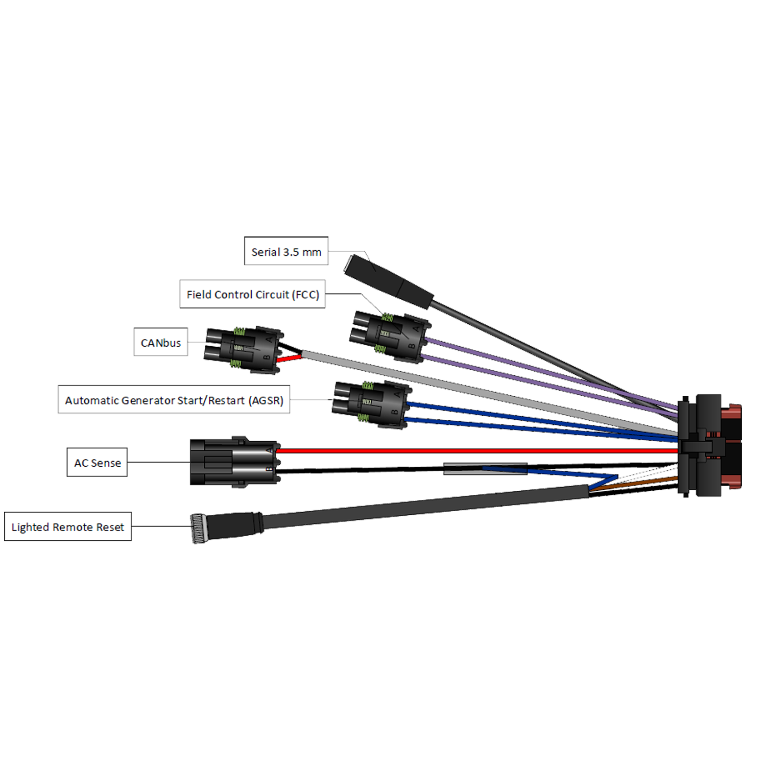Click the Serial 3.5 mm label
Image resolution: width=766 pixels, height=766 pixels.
coord(286,252)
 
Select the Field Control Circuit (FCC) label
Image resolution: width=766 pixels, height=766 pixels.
coord(253,294)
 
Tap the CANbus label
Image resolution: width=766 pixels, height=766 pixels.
coord(160,343)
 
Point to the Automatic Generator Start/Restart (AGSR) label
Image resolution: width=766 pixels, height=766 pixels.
coord(174,400)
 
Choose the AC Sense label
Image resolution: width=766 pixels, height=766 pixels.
coord(97,463)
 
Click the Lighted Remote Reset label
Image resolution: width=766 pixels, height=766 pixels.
coord(67,527)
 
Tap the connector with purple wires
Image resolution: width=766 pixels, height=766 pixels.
coord(388,334)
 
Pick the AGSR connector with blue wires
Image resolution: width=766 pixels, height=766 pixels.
coord(370,403)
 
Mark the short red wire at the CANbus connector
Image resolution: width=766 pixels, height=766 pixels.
coord(289,358)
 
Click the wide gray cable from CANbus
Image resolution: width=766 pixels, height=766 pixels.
coord(460,388)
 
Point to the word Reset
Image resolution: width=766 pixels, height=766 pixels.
coord(110,527)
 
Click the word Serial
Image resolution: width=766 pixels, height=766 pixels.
coord(266,252)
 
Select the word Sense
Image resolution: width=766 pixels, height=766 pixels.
coord(106,463)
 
